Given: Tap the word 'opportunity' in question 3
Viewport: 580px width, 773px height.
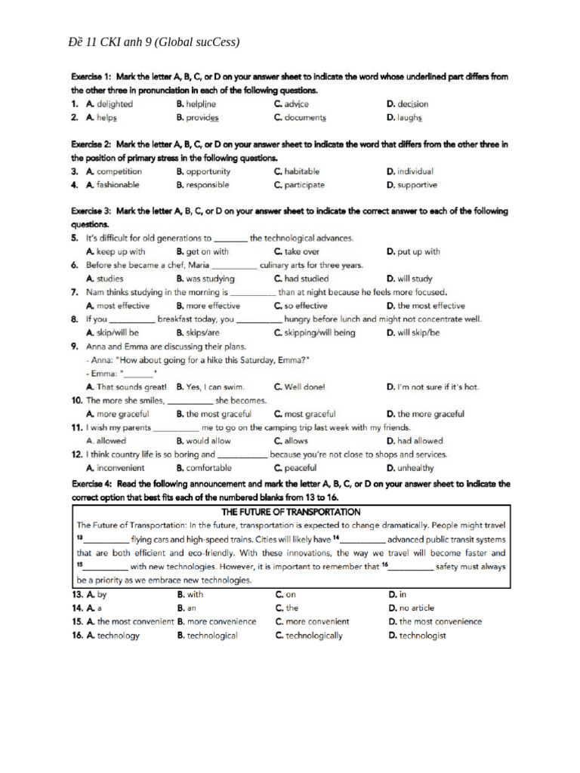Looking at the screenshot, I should coord(208,171).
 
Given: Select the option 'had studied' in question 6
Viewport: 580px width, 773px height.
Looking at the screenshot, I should coord(306,279).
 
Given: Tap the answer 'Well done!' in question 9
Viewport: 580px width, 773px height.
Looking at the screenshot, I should coord(304,386).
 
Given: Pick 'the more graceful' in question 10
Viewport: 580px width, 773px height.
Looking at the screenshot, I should coord(430,414).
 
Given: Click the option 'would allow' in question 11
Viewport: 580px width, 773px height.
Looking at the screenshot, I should coord(208,441).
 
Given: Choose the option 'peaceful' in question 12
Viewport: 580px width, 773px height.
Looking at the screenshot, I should coord(300,468).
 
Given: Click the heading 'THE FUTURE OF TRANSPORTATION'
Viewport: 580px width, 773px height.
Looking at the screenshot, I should coord(291,512).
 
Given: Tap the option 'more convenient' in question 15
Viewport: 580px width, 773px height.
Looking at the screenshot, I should coord(316,621).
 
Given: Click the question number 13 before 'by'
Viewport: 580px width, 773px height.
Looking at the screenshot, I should coord(77,595).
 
